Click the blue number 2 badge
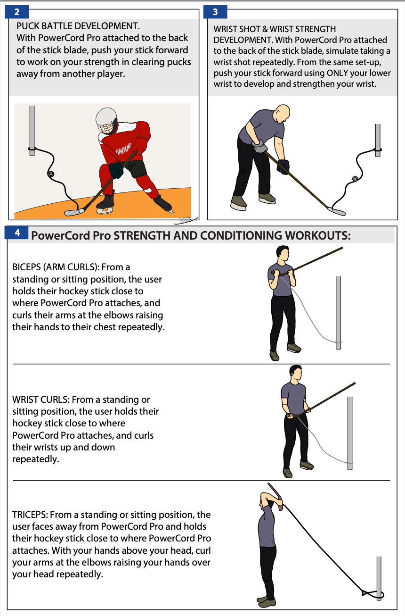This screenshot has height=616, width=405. pyautogui.click(x=17, y=12)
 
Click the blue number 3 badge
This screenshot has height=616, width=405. pyautogui.click(x=215, y=12)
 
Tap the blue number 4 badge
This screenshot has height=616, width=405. pyautogui.click(x=17, y=233)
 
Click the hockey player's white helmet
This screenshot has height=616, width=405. pyautogui.click(x=106, y=120)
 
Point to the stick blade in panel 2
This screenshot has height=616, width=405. pyautogui.click(x=74, y=212)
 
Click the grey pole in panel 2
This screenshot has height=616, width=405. pyautogui.click(x=32, y=131)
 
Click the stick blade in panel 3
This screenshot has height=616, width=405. pyautogui.click(x=337, y=211)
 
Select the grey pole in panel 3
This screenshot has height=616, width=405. pyautogui.click(x=378, y=140)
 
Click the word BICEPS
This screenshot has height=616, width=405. pyautogui.click(x=24, y=267)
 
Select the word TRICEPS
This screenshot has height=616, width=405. pyautogui.click(x=30, y=515)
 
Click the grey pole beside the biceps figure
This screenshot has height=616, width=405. pyautogui.click(x=338, y=313)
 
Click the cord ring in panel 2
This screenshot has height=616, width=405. pyautogui.click(x=51, y=174)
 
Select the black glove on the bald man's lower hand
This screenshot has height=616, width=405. pyautogui.click(x=283, y=166)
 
